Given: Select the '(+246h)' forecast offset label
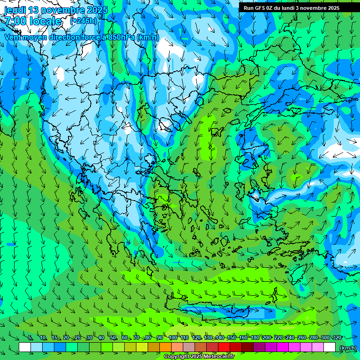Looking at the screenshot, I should point(83,21).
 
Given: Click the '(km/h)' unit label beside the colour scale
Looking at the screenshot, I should point(347,348).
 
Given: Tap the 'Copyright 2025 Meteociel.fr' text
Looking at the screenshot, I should point(199,357).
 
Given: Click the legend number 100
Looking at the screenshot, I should point(172,337).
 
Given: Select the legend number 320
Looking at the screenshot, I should point(337,337).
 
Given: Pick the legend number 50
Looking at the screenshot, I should point(113,337).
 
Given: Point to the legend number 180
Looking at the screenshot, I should point(255,337).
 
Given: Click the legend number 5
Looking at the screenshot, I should point(30,337).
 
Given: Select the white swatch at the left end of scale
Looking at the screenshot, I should point(25,347).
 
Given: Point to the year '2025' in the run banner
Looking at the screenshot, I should point(330,7).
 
